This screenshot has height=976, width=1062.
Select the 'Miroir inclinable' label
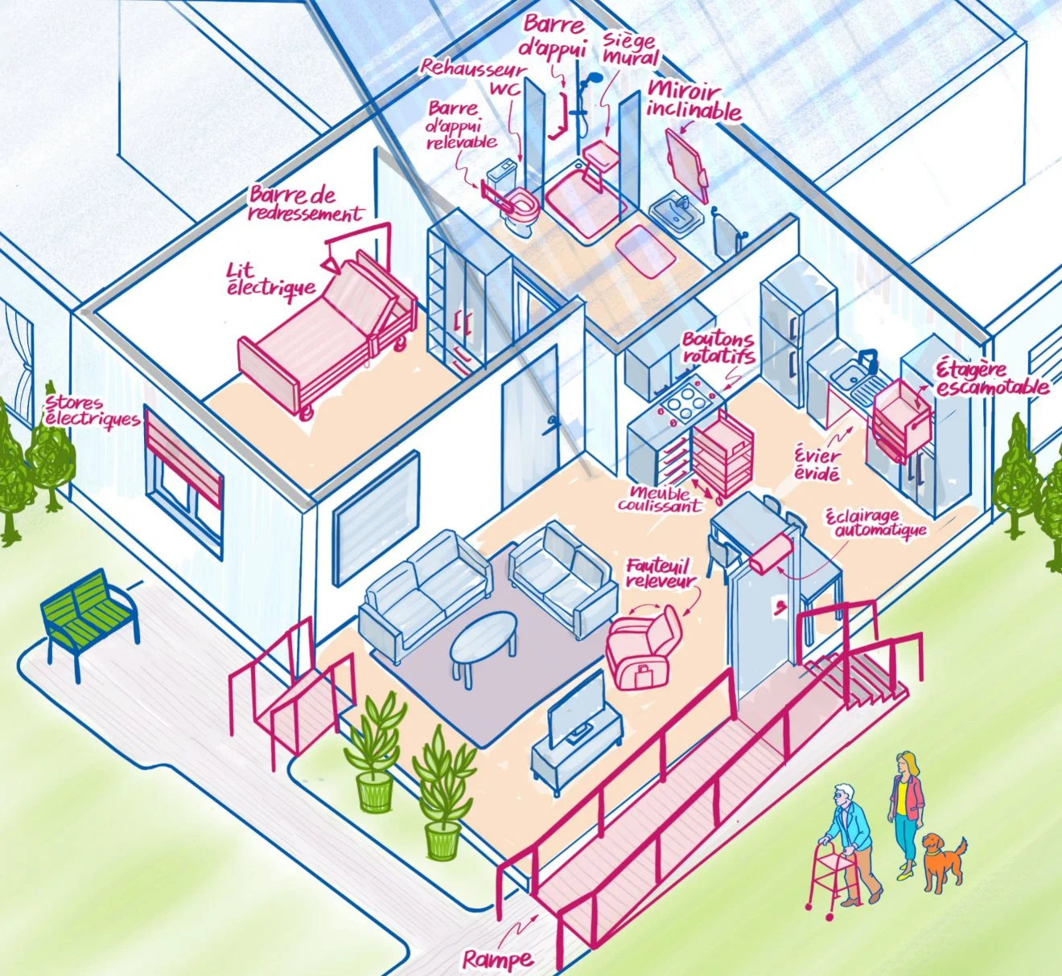coord(694,102)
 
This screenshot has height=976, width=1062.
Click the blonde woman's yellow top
coord(902,792)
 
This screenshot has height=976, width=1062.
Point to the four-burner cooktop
coord(687,403)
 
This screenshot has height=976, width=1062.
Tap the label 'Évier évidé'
coord(817,465)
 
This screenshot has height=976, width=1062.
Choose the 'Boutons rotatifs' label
coord(718,347)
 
